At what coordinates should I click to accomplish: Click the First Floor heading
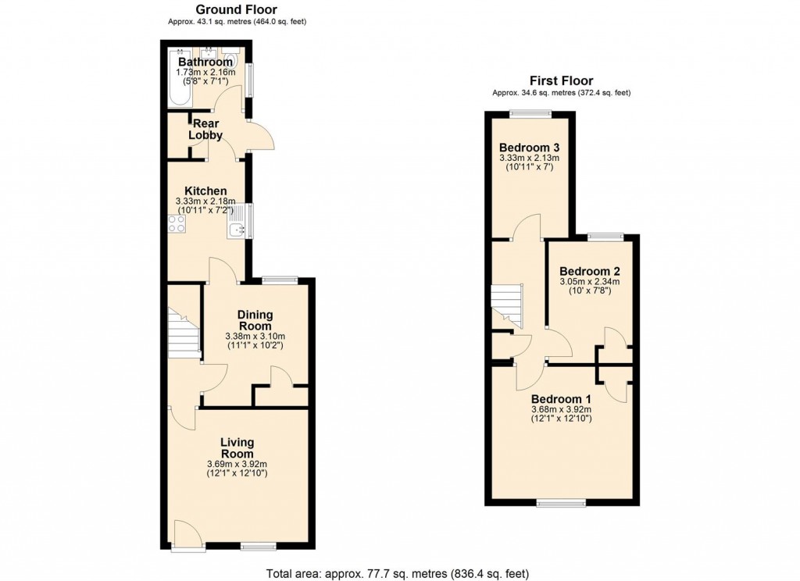(x=561, y=80)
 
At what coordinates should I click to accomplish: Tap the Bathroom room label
(x=205, y=62)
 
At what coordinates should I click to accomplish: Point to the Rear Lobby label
(x=205, y=129)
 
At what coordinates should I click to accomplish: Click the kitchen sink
(x=237, y=228)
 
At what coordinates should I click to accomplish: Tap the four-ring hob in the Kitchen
(x=177, y=224)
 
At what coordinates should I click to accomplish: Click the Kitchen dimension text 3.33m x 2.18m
(x=205, y=201)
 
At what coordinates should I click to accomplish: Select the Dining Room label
(x=255, y=320)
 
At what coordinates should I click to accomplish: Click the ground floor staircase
(x=184, y=334)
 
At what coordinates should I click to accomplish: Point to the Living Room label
(x=237, y=448)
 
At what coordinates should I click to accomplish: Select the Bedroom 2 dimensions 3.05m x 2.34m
(x=589, y=282)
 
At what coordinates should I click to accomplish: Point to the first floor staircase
(x=506, y=306)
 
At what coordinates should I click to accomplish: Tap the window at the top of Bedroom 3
(x=530, y=115)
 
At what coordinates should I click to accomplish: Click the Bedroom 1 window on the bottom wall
(x=561, y=503)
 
